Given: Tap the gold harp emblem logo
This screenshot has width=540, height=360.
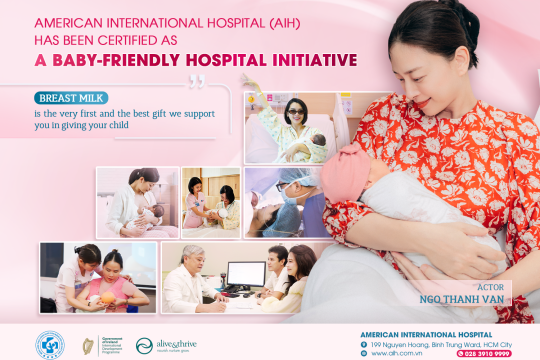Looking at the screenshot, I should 88,344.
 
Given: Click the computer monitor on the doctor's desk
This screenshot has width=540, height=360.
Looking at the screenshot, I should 245,275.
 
